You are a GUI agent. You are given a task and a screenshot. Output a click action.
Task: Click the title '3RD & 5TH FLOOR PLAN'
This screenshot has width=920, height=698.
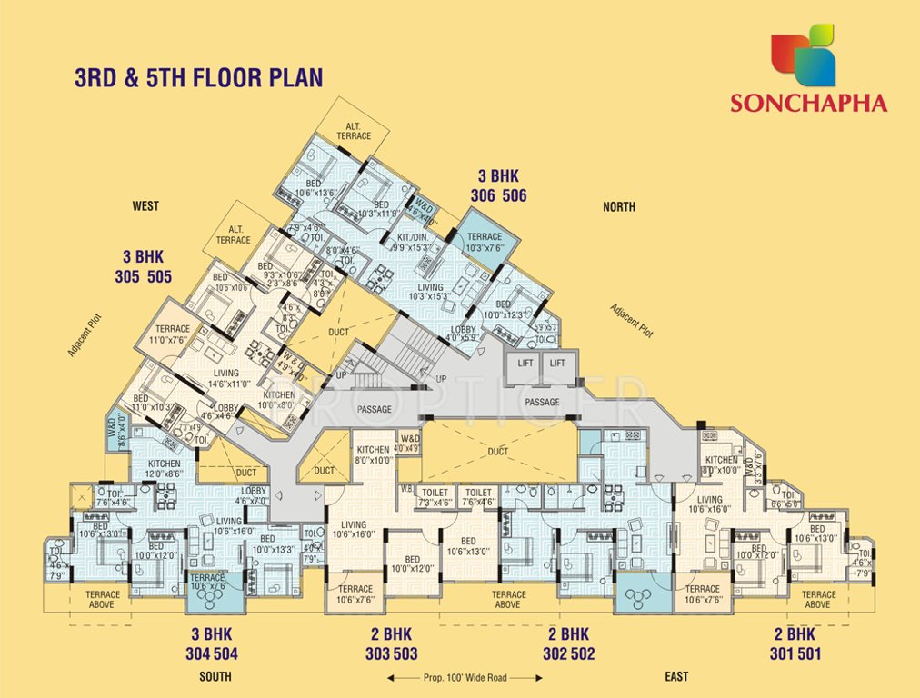click(x=198, y=77)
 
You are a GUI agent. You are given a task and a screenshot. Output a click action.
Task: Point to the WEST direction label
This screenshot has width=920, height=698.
click(x=145, y=206)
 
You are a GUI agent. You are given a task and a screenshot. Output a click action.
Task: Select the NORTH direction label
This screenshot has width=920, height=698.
click(x=619, y=207)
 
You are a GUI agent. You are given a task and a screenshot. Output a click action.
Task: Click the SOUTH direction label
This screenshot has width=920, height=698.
click(x=215, y=677)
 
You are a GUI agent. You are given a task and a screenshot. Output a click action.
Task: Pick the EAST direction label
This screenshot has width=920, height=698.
click(x=675, y=677)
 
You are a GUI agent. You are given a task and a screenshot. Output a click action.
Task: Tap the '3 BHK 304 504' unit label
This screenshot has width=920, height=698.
click(x=215, y=643)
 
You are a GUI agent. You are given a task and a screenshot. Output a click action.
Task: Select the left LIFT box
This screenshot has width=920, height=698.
click(x=525, y=363)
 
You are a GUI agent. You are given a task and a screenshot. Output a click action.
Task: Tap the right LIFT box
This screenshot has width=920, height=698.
click(x=557, y=363)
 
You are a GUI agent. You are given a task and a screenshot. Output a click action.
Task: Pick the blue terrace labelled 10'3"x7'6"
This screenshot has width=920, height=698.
click(x=490, y=242)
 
